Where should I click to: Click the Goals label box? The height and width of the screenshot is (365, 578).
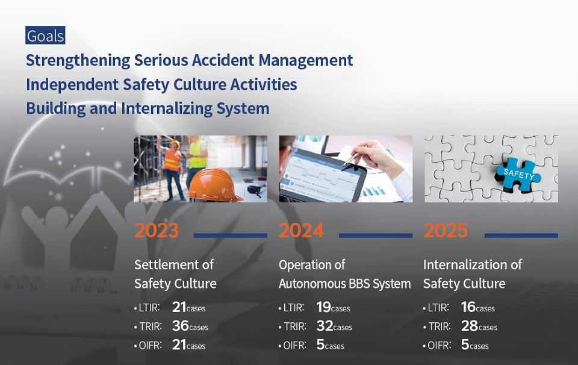45,36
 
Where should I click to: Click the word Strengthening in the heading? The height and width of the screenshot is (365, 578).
78,60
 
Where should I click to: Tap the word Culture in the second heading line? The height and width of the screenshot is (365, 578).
199,84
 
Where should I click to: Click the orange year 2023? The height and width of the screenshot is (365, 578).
157,231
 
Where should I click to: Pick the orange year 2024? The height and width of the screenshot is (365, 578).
301,231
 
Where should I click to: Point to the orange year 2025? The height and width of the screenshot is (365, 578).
446,231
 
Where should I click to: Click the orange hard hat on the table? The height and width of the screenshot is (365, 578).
214,185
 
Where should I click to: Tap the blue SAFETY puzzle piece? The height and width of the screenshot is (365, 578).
518,175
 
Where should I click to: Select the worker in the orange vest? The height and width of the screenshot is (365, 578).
173,168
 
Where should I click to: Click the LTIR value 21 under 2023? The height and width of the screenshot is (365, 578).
179,307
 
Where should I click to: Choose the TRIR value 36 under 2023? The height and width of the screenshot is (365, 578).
180,326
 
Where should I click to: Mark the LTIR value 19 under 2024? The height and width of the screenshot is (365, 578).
324,307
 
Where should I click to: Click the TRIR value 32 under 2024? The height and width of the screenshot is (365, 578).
325,326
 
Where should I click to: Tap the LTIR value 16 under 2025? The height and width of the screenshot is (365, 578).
468,307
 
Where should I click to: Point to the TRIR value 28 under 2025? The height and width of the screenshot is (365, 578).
469,326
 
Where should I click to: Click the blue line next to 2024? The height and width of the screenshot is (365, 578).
376,236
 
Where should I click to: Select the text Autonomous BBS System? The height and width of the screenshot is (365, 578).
344,284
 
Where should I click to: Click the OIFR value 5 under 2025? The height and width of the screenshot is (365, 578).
465,345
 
